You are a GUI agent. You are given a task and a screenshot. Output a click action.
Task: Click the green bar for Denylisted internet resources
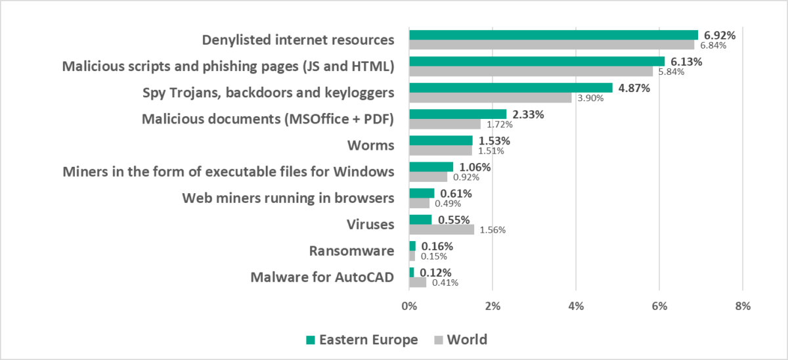point(553,35)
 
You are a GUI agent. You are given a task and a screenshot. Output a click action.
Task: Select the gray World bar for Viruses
point(441,229)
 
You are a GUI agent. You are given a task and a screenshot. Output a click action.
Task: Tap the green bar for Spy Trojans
point(510,87)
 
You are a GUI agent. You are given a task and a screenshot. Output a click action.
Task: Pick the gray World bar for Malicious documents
point(445,124)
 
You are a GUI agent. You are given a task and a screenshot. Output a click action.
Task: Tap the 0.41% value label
point(445,282)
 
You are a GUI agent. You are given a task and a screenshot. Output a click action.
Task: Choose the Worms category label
point(371,145)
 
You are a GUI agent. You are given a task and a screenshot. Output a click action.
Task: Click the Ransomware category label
point(351,250)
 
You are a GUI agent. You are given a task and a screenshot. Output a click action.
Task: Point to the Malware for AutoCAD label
point(322,277)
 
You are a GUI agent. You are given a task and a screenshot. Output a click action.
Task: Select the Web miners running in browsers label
point(288,198)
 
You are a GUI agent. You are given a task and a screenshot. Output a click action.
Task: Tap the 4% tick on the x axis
point(576,305)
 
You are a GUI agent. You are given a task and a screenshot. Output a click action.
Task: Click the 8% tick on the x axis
point(742,305)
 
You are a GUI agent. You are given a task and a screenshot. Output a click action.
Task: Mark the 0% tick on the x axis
point(409,305)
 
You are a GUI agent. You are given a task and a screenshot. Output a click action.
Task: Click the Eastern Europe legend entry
point(362,340)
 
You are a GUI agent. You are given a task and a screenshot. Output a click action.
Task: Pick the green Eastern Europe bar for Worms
point(441,140)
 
